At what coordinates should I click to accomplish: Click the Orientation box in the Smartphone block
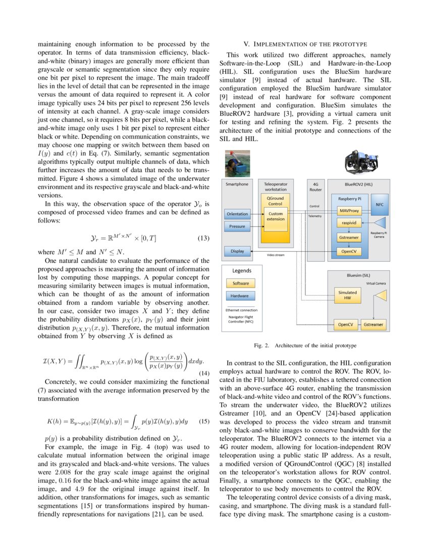click(237, 214)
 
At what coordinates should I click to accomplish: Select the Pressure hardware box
click(237, 226)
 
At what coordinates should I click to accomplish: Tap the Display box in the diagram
click(237, 251)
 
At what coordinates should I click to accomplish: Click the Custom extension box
click(276, 216)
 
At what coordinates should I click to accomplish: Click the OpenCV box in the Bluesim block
click(345, 325)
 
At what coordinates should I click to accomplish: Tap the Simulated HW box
click(347, 295)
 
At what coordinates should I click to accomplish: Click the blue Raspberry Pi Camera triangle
click(379, 222)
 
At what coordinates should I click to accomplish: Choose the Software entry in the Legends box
click(240, 283)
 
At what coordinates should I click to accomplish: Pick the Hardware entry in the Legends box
click(240, 296)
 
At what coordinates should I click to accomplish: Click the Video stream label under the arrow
click(276, 255)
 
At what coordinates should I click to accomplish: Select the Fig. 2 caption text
click(305, 346)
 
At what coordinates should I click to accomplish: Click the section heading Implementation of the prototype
click(305, 44)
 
